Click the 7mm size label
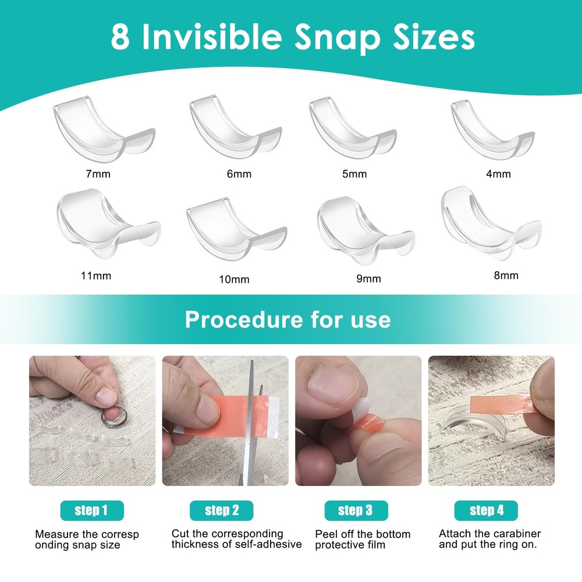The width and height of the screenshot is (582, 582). (x=97, y=173)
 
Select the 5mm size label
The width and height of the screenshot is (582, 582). (x=354, y=174)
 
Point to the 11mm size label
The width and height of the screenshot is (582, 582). (x=97, y=276)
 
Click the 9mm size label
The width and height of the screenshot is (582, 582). (x=368, y=278)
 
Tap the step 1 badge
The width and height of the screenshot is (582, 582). (x=91, y=510)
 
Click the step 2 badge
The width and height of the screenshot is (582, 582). (x=222, y=510)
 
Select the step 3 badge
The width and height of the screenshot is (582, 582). (x=356, y=510)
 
